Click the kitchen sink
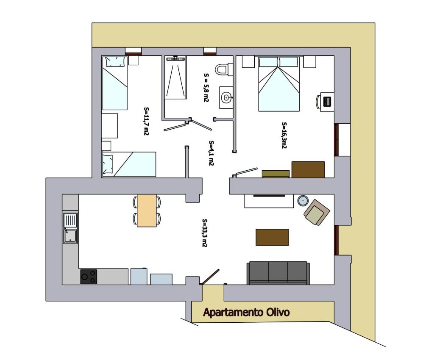(x=71, y=228)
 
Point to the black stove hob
(x=89, y=277)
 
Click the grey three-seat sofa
(x=278, y=273)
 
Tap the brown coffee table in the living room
(x=273, y=237)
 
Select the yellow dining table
(x=147, y=210)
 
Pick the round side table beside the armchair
(x=303, y=200)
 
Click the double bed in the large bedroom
(x=279, y=84)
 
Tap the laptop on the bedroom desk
(x=327, y=102)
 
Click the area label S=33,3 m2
(x=205, y=233)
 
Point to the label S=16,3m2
(x=284, y=135)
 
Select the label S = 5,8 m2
(x=206, y=87)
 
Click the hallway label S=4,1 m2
(x=211, y=153)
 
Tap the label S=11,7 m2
(x=146, y=121)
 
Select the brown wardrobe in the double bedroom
(x=308, y=169)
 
